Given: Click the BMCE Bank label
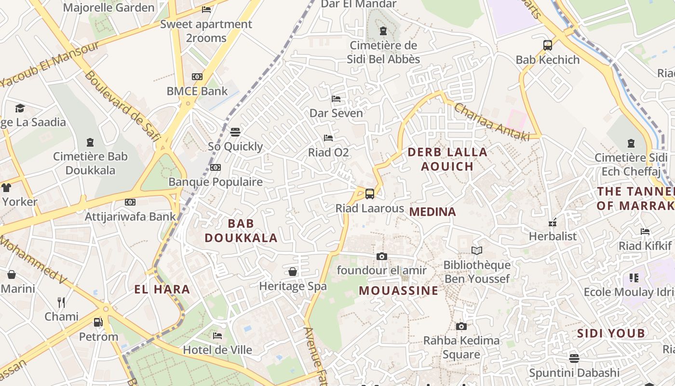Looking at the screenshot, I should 197,91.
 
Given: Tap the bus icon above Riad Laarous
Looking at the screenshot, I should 370,193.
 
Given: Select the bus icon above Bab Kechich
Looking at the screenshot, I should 548,45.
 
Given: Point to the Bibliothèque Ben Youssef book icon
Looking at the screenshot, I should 477,250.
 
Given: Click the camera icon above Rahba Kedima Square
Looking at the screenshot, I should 461,326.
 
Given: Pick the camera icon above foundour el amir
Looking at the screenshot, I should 382,256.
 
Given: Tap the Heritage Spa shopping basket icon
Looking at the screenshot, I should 293,272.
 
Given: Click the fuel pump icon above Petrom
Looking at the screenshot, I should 98,322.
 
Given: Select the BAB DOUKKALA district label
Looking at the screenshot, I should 241,231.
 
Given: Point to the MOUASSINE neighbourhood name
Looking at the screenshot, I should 399,290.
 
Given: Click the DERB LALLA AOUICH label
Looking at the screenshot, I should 447,159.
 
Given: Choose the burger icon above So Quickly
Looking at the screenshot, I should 235,132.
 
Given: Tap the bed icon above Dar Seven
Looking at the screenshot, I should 336,99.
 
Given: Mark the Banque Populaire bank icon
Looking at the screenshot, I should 216,167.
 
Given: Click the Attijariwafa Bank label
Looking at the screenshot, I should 130,216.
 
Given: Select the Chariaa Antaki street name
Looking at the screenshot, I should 491,122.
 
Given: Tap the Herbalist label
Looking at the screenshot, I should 553,236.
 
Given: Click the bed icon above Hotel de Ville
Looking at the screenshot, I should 217,335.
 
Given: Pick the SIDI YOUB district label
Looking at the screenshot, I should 611,333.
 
